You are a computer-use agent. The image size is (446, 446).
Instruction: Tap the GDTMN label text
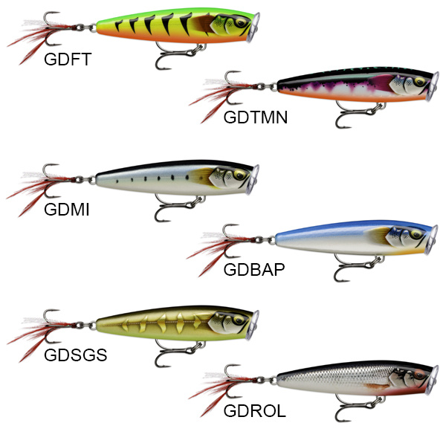click(255, 117)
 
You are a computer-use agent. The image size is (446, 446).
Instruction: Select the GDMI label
click(67, 210)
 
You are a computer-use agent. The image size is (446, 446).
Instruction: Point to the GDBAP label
click(253, 269)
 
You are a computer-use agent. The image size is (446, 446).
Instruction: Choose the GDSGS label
click(76, 355)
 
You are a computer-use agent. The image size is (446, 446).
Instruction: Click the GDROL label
click(254, 411)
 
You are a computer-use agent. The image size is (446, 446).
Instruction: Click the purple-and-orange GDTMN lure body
click(349, 89)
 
